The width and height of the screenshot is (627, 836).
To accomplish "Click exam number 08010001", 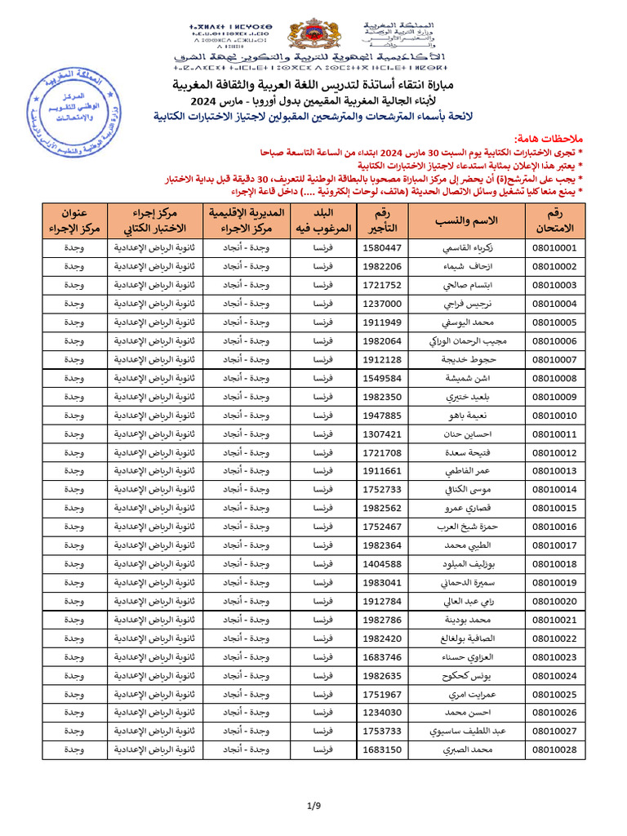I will pyautogui.click(x=554, y=247).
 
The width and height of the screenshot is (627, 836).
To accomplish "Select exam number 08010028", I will pyautogui.click(x=554, y=749).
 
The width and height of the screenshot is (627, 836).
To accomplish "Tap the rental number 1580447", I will pyautogui.click(x=381, y=247).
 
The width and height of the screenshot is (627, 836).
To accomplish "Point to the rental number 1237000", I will pyautogui.click(x=381, y=304).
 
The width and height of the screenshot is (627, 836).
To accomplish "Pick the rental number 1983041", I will pyautogui.click(x=381, y=582).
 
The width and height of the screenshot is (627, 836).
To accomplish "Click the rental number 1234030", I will pyautogui.click(x=381, y=712).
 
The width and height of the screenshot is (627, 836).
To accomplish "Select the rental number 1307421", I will pyautogui.click(x=381, y=434).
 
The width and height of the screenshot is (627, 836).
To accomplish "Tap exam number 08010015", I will pyautogui.click(x=554, y=508).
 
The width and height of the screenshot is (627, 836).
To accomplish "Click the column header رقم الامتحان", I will pyautogui.click(x=554, y=220).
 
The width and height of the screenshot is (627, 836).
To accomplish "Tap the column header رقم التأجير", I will pyautogui.click(x=381, y=220).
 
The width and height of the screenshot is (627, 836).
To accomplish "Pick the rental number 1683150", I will pyautogui.click(x=381, y=749).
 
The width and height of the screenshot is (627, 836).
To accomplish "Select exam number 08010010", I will pyautogui.click(x=554, y=415).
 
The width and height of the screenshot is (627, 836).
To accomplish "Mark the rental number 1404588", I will pyautogui.click(x=381, y=563).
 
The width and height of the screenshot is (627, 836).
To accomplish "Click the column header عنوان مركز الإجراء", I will pyautogui.click(x=74, y=220).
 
